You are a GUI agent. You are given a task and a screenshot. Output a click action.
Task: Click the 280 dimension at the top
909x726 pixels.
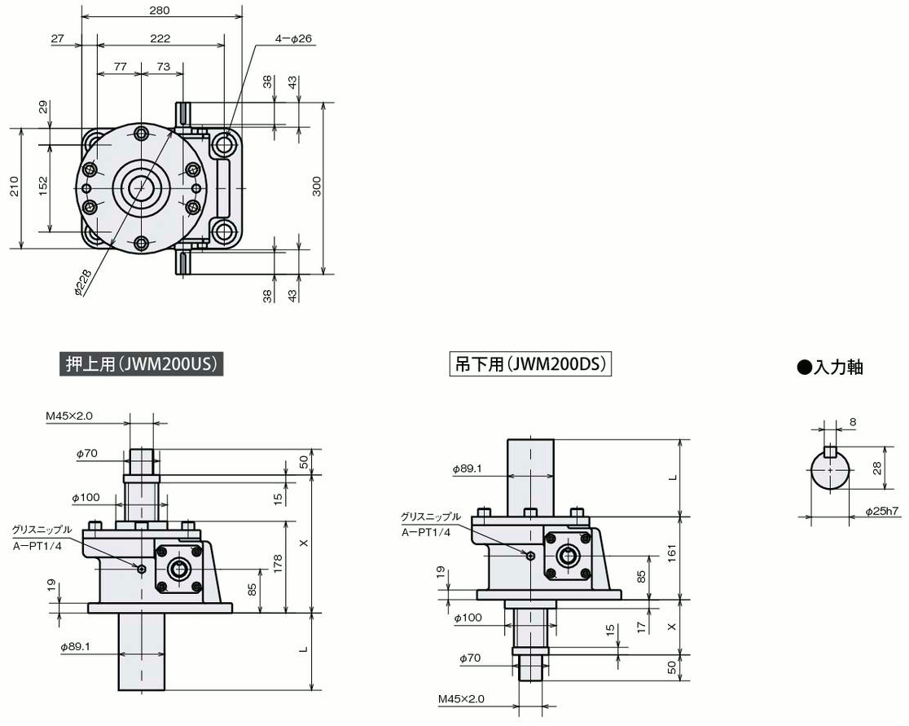[x=160, y=11]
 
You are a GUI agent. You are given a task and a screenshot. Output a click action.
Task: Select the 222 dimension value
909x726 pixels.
[x=160, y=38]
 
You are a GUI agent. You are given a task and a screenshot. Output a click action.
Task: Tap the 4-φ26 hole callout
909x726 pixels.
[x=293, y=39]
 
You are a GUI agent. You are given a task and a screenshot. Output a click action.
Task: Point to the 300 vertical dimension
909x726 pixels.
[x=317, y=186]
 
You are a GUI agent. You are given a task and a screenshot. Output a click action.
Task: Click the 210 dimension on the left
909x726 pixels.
[x=15, y=187]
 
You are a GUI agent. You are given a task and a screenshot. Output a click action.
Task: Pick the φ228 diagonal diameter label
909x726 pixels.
[x=83, y=283]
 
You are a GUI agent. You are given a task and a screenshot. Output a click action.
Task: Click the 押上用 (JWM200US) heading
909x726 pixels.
[x=142, y=364]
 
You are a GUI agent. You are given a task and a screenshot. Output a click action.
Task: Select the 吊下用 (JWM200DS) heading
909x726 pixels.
[x=530, y=364]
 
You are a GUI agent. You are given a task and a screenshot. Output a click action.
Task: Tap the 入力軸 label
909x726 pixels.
[x=831, y=367]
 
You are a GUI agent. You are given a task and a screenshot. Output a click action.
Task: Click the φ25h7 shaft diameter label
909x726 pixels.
[x=882, y=511]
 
